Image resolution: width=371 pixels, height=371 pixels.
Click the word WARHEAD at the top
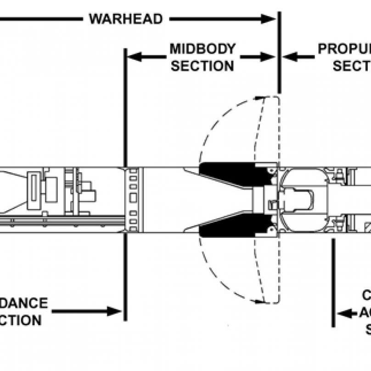126,19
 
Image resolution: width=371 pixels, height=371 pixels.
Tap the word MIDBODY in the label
202,49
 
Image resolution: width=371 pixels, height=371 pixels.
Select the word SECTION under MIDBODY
202,66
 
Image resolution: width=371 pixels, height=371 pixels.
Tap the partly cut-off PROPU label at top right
344,49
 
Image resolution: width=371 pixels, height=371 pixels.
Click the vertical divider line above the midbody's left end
125,106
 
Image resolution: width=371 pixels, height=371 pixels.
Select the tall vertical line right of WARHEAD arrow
278,51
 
